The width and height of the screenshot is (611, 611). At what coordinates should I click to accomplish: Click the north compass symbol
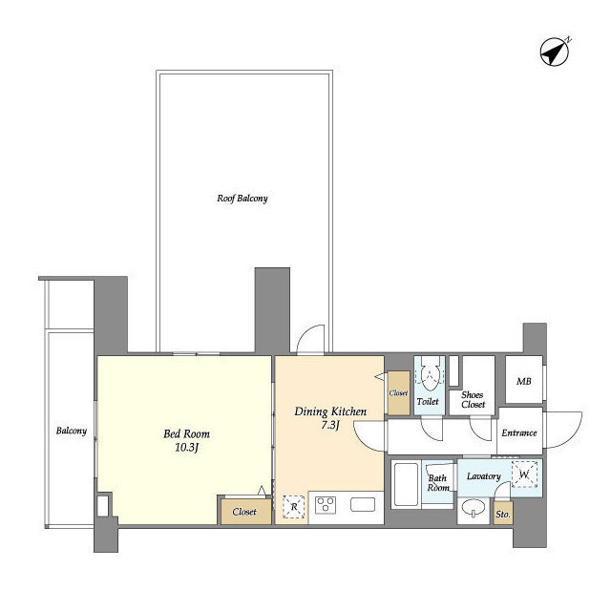point(555,52)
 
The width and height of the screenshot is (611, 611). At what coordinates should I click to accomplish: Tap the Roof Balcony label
point(242,199)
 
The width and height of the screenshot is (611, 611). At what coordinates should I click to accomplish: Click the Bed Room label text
point(187,433)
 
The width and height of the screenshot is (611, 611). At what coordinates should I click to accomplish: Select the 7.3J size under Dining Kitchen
point(329,425)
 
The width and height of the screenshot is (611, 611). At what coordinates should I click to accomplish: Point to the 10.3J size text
point(187,448)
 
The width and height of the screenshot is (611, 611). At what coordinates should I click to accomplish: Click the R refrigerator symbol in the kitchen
point(294,507)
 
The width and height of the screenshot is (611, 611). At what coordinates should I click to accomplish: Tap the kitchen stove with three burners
point(326,505)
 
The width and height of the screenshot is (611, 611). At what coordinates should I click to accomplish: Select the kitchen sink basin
point(363,505)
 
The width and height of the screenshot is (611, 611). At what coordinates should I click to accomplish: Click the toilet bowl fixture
point(429,373)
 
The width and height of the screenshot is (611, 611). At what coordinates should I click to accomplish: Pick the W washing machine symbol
point(524,474)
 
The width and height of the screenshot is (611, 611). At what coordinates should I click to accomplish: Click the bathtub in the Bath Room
point(406,484)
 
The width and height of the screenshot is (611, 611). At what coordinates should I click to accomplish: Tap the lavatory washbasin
point(474,509)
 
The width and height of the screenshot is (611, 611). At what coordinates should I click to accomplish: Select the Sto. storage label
point(503,515)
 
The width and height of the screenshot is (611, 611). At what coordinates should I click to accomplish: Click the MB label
point(524,382)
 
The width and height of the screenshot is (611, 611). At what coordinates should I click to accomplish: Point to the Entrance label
point(519,432)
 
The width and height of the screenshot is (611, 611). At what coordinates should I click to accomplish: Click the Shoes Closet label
point(473,400)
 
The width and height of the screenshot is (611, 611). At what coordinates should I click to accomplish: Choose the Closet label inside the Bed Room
point(244,512)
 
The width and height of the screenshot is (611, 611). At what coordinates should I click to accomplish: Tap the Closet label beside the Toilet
point(398,393)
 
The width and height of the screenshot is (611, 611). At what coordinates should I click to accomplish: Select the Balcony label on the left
point(72,431)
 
